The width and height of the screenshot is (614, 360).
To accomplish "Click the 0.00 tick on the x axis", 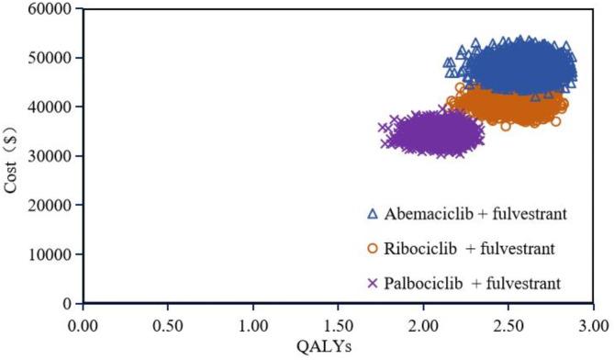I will click(83, 324).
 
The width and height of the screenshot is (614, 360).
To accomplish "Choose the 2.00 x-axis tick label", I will click(423, 324).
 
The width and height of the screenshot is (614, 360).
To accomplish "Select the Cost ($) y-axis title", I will click(13, 157).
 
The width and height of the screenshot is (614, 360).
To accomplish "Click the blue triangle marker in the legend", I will click(372, 213).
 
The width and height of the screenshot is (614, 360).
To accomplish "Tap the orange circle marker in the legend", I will click(372, 248).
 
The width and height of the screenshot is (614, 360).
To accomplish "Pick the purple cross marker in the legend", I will click(372, 281).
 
